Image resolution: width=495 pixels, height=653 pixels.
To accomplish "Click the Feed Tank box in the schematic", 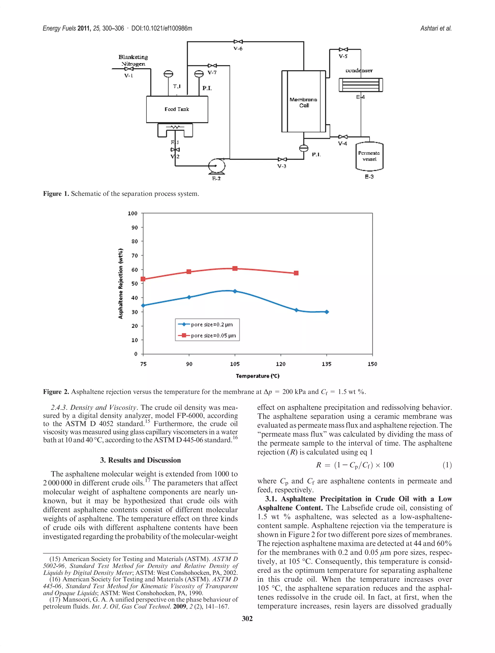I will coord(177,109).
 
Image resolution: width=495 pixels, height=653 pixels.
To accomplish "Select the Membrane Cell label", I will coord(303,103).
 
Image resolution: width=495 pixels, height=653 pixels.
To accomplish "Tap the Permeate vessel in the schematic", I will coord(369,156).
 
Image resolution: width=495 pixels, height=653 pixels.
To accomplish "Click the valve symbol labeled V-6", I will coord(238,42).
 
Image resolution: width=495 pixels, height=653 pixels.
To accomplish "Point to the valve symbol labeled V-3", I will coord(282,159).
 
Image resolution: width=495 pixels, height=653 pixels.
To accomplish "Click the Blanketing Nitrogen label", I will coord(133,60).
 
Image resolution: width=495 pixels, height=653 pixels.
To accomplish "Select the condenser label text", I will coord(359,71).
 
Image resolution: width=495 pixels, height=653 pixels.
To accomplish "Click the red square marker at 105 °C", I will coord(235,268).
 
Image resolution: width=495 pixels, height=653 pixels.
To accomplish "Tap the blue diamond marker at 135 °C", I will coord(327,312).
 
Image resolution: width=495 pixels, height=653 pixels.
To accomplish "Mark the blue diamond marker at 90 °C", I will coord(189,297).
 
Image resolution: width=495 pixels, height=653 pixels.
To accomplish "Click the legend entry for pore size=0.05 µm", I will coord(208,335).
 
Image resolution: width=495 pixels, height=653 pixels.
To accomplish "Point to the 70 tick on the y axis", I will coord(135,255).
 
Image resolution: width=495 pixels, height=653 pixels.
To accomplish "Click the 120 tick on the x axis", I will coord(281,364).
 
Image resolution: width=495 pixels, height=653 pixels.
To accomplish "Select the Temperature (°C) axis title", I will coord(257,376).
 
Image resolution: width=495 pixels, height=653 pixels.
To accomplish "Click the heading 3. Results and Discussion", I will coord(140,460).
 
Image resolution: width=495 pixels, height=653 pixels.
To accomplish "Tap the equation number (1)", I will coord(447,465).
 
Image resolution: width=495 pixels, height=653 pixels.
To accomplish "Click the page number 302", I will coord(247,618).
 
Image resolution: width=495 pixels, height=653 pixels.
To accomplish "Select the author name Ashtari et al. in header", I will coord(436,28).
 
